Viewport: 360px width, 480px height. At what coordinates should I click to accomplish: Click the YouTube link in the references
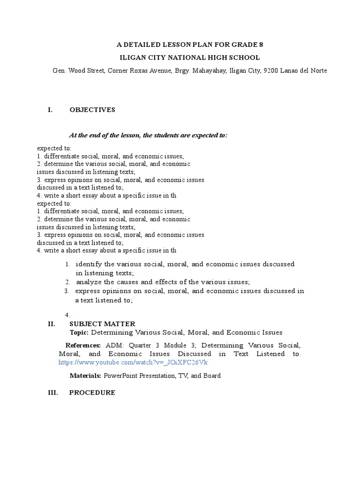pos(133,363)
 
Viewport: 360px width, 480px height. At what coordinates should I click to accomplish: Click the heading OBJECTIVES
pos(92,110)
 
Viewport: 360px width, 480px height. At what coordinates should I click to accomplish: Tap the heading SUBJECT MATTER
pos(102,323)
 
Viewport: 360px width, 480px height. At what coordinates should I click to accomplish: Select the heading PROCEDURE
pos(92,393)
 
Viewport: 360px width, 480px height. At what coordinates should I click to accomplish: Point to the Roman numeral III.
pos(53,393)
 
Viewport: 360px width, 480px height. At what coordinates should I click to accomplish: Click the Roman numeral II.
pos(52,323)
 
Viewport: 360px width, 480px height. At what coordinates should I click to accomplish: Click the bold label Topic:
pos(79,332)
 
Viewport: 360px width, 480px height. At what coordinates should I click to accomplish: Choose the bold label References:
pos(83,345)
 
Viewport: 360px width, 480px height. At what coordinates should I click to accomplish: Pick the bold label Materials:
pos(86,375)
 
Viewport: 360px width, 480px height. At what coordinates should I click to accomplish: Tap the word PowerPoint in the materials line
pos(120,375)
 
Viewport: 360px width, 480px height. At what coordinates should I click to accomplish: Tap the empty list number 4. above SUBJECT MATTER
pos(68,315)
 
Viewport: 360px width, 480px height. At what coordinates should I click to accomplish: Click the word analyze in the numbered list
pos(89,282)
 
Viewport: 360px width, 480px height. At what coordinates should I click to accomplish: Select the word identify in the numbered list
pos(89,264)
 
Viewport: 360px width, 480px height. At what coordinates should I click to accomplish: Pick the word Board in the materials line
pos(212,375)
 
